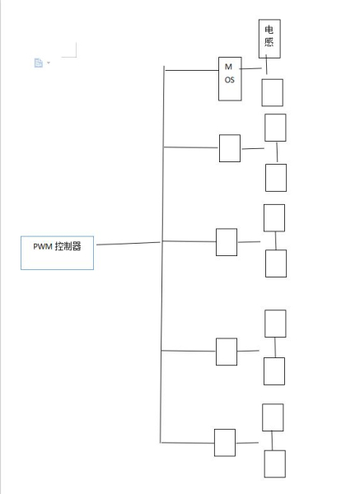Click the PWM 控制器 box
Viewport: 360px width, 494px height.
tap(57, 253)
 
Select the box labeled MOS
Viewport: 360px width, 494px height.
tap(230, 79)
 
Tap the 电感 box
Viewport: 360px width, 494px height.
tap(269, 39)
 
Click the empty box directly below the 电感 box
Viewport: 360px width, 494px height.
tap(272, 93)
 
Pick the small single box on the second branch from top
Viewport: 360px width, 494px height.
tap(230, 148)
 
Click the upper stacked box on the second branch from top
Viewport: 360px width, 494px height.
tap(275, 128)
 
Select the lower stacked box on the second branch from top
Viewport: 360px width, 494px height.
tap(275, 177)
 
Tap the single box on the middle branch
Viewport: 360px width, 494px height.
tap(226, 242)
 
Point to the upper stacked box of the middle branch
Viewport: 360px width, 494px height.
tap(274, 217)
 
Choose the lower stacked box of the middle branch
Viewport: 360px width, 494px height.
tap(275, 263)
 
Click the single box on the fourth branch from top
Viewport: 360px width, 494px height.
tap(227, 352)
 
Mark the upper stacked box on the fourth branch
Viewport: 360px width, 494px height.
tap(275, 323)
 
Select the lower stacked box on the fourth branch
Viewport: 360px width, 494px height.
tap(275, 370)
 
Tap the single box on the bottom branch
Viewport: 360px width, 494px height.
tap(224, 442)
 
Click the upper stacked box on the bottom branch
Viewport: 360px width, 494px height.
tap(273, 417)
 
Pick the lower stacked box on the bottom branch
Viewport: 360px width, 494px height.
tap(274, 464)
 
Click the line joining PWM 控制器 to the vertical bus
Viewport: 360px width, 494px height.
tap(128, 244)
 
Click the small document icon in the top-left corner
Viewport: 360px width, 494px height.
tap(38, 63)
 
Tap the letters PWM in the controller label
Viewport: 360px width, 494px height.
tap(41, 245)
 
